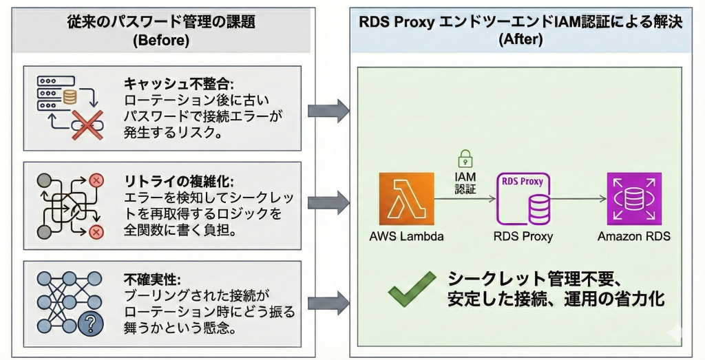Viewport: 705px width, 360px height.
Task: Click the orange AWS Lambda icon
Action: (x=406, y=200)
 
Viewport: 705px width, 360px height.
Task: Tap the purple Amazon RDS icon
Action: (x=634, y=200)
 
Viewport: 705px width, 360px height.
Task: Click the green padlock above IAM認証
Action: (x=465, y=156)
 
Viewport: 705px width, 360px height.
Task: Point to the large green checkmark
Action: (x=412, y=288)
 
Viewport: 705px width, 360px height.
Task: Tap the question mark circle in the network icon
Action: (x=90, y=322)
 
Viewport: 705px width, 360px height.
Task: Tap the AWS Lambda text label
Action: (x=406, y=237)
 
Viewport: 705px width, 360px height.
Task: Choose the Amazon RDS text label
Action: (x=634, y=237)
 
